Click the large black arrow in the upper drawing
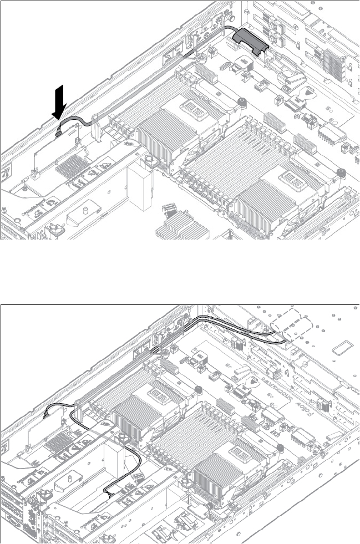[62, 102]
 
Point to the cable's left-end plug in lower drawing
[47, 413]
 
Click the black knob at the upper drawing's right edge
[342, 173]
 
